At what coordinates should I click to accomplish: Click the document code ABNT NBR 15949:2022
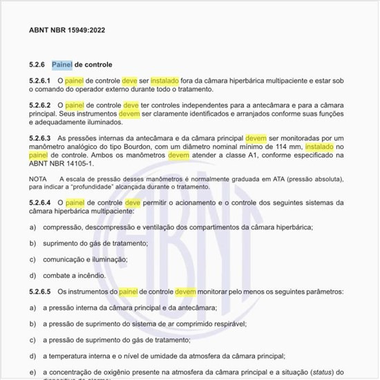(x=67, y=30)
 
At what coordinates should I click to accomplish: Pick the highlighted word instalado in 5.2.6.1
(x=165, y=81)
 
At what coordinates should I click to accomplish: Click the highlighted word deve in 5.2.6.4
(x=133, y=202)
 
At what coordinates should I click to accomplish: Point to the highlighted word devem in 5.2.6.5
(x=186, y=292)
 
